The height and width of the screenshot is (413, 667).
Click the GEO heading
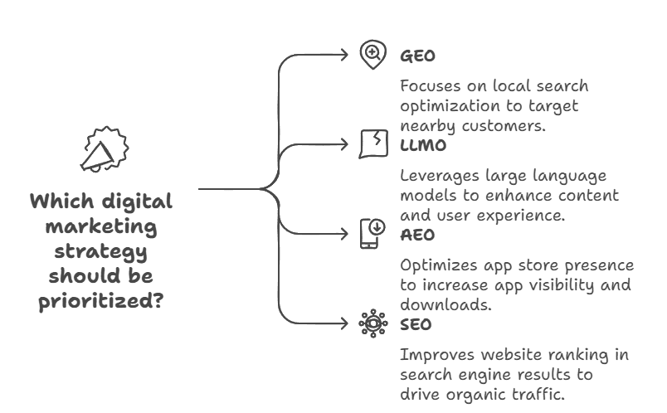pos(417,56)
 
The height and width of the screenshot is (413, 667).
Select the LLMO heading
pos(423,146)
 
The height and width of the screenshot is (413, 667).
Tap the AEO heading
pos(417,236)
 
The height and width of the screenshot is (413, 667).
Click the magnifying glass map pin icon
pos(372,55)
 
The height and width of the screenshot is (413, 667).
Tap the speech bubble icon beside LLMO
pos(372,143)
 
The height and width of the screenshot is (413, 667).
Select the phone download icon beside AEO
pos(372,232)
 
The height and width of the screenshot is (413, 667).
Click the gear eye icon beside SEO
pos(372,323)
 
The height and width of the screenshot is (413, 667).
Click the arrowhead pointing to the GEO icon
pos(344,56)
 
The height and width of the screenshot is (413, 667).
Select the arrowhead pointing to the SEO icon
pos(344,323)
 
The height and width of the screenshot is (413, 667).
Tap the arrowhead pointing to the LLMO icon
pos(344,144)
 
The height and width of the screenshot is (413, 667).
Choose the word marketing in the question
pos(100,226)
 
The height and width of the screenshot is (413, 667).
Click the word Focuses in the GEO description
pos(431,86)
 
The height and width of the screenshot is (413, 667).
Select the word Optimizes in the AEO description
pos(437,265)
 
